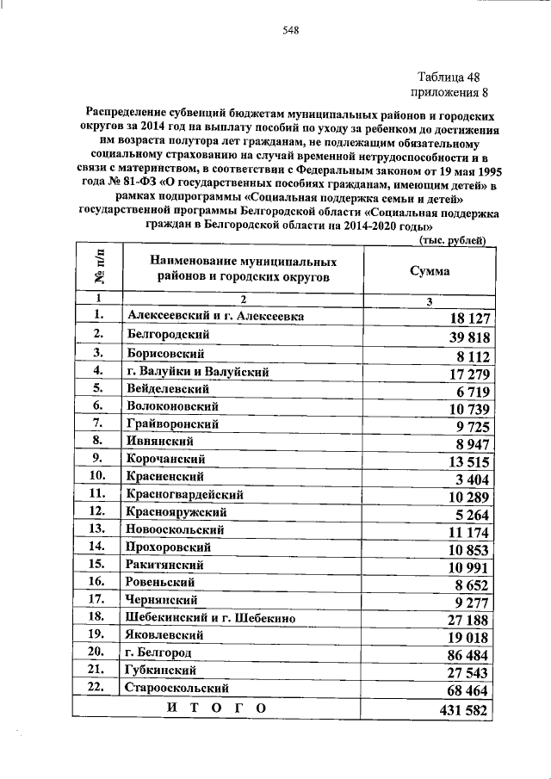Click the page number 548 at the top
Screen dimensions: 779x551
coord(290,31)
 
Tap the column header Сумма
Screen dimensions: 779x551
coord(428,269)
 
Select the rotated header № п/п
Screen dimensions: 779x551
coord(99,267)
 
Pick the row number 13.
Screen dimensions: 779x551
coord(96,529)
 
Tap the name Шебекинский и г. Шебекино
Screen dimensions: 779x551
coord(209,617)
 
